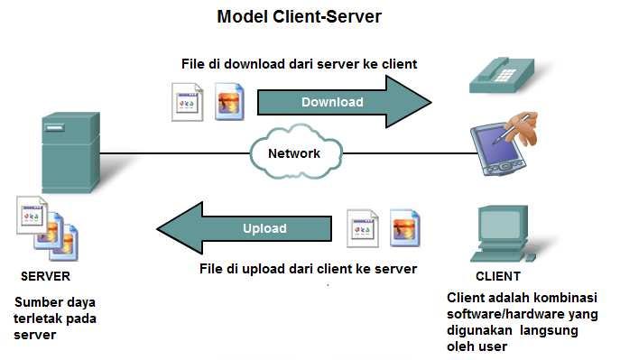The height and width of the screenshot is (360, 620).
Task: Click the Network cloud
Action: [294, 152]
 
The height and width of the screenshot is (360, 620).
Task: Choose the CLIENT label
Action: [497, 276]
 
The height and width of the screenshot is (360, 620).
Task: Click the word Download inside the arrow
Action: [332, 102]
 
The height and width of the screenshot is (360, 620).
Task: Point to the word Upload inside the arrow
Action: [264, 228]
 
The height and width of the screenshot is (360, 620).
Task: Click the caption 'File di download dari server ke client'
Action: [300, 64]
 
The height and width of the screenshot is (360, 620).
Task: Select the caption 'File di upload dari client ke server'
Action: [308, 269]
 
